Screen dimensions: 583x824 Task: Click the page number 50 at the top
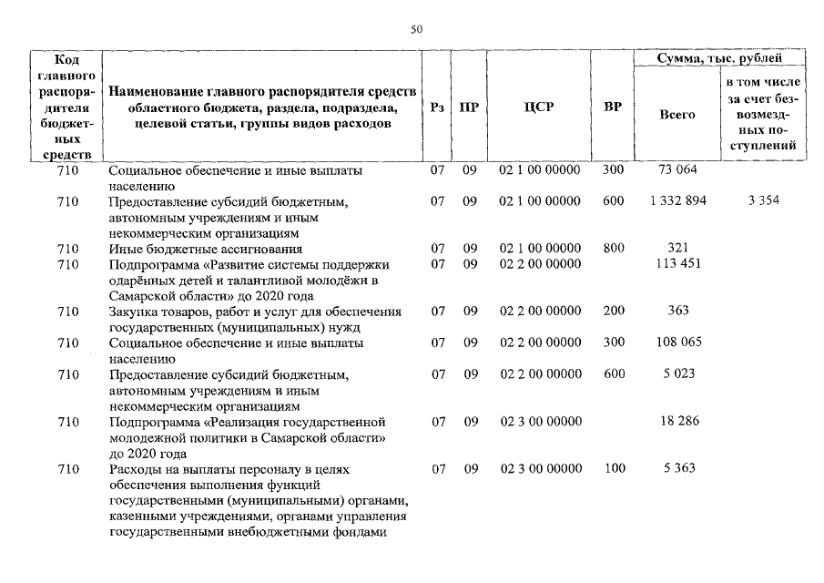(416, 30)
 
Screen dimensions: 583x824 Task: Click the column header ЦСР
(540, 107)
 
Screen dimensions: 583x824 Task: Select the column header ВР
(613, 107)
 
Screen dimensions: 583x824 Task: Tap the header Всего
(676, 115)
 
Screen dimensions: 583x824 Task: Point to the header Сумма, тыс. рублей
(718, 58)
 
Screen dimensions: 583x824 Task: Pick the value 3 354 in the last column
(763, 200)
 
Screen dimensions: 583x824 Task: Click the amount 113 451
(676, 264)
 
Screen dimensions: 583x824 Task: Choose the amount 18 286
(676, 423)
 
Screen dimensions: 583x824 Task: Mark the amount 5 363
(676, 468)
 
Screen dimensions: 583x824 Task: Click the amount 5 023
(676, 373)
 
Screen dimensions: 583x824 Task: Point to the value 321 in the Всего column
(676, 248)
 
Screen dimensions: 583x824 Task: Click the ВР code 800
(613, 248)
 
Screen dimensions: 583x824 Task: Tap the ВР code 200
(613, 311)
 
